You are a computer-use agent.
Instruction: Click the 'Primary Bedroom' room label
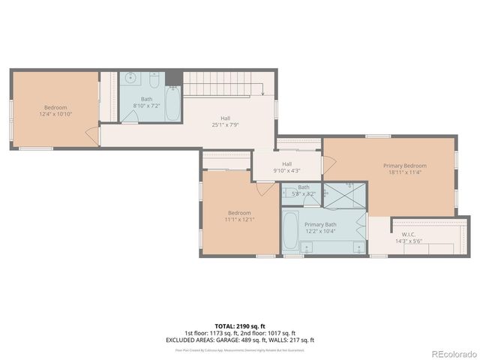tap(405, 166)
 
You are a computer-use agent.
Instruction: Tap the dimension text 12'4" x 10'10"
tap(55, 114)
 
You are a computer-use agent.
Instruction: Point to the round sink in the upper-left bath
tap(130, 77)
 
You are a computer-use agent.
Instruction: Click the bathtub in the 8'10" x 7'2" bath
tap(172, 104)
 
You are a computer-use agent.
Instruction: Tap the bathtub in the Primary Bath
tap(291, 232)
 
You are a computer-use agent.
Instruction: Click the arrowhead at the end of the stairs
tap(262, 94)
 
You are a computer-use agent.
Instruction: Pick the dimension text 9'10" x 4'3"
tap(286, 170)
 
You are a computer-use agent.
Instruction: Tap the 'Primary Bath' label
tap(320, 224)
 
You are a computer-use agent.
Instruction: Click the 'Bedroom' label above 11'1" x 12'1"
tap(239, 212)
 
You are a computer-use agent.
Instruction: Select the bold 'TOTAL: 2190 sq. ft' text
tap(240, 326)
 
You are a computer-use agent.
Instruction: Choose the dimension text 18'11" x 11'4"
tap(405, 172)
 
